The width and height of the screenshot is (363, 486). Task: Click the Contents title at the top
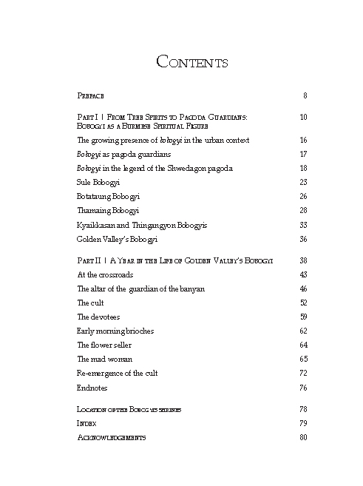(x=191, y=62)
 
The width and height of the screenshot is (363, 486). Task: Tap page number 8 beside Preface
(x=305, y=96)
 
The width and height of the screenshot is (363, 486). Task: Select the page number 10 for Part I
(x=303, y=117)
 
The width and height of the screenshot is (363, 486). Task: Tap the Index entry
(x=86, y=423)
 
